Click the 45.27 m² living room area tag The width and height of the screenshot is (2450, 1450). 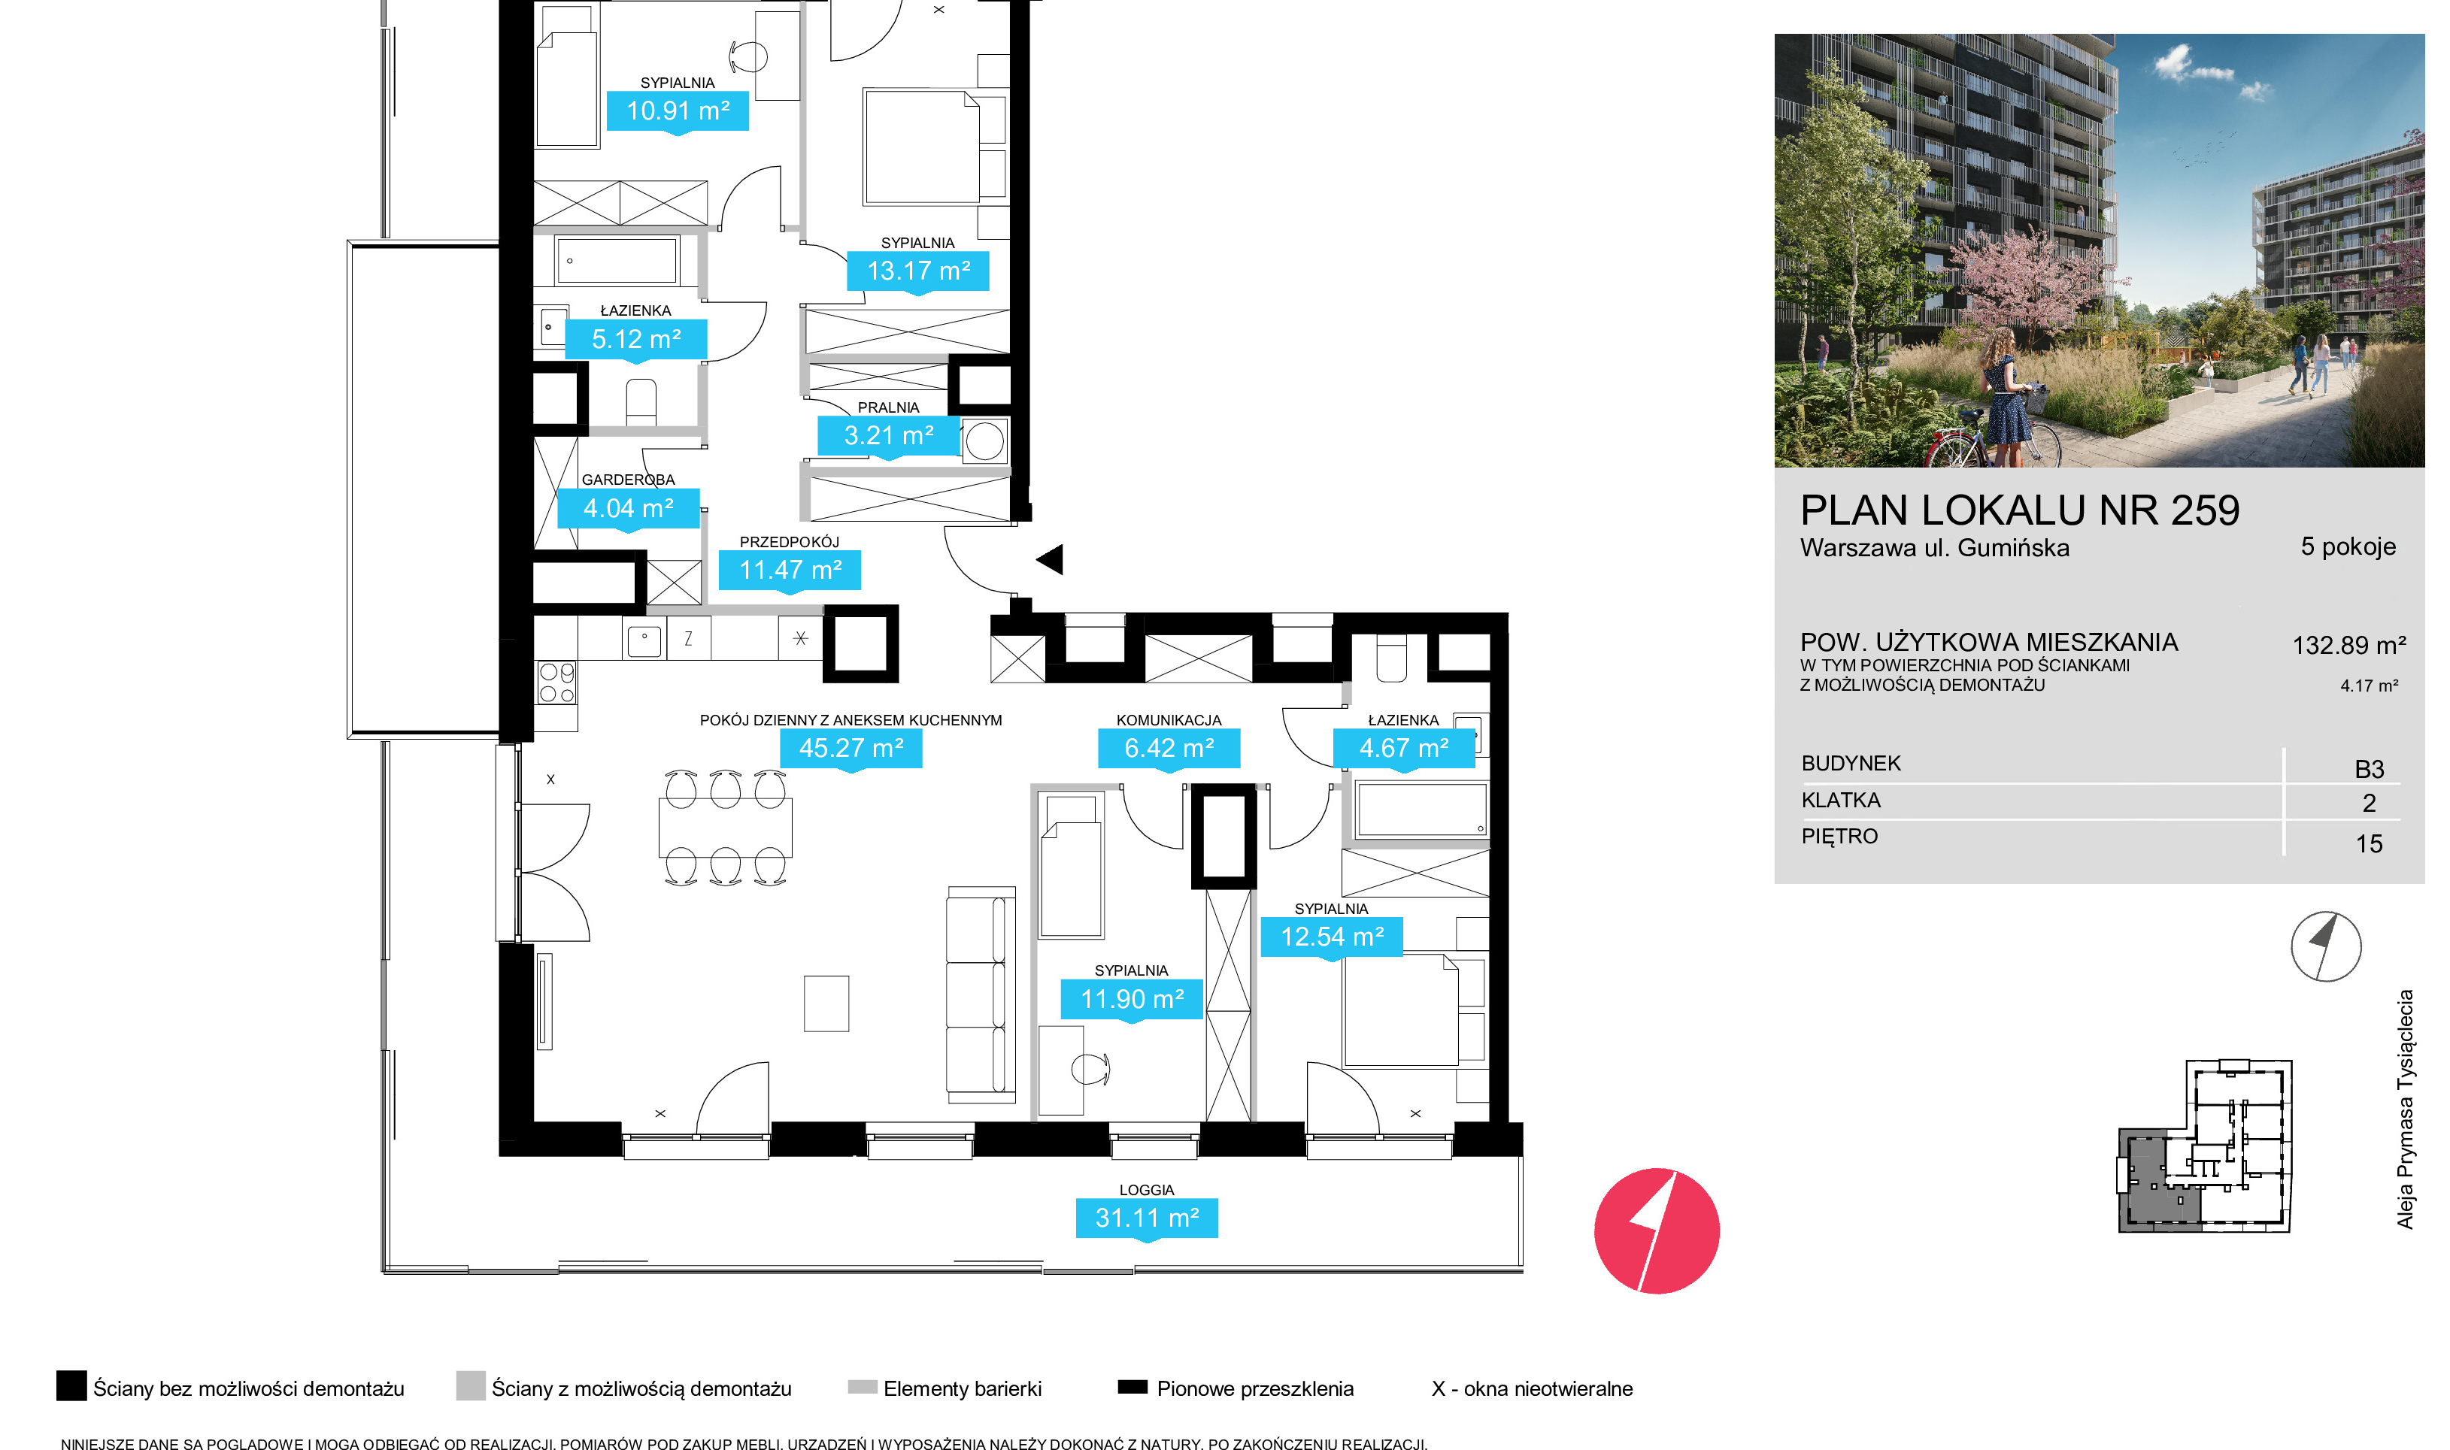(x=851, y=749)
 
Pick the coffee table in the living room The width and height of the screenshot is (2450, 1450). (x=826, y=1003)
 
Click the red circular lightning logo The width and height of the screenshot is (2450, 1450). (x=1657, y=1231)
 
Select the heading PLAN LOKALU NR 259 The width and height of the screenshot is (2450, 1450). (x=2019, y=511)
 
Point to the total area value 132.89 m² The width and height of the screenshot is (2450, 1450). (x=2348, y=646)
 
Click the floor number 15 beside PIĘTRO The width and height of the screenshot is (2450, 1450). (x=2369, y=844)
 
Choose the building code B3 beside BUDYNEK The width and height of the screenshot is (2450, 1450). (x=2369, y=770)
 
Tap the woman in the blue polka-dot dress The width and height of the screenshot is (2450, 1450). (x=2003, y=398)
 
